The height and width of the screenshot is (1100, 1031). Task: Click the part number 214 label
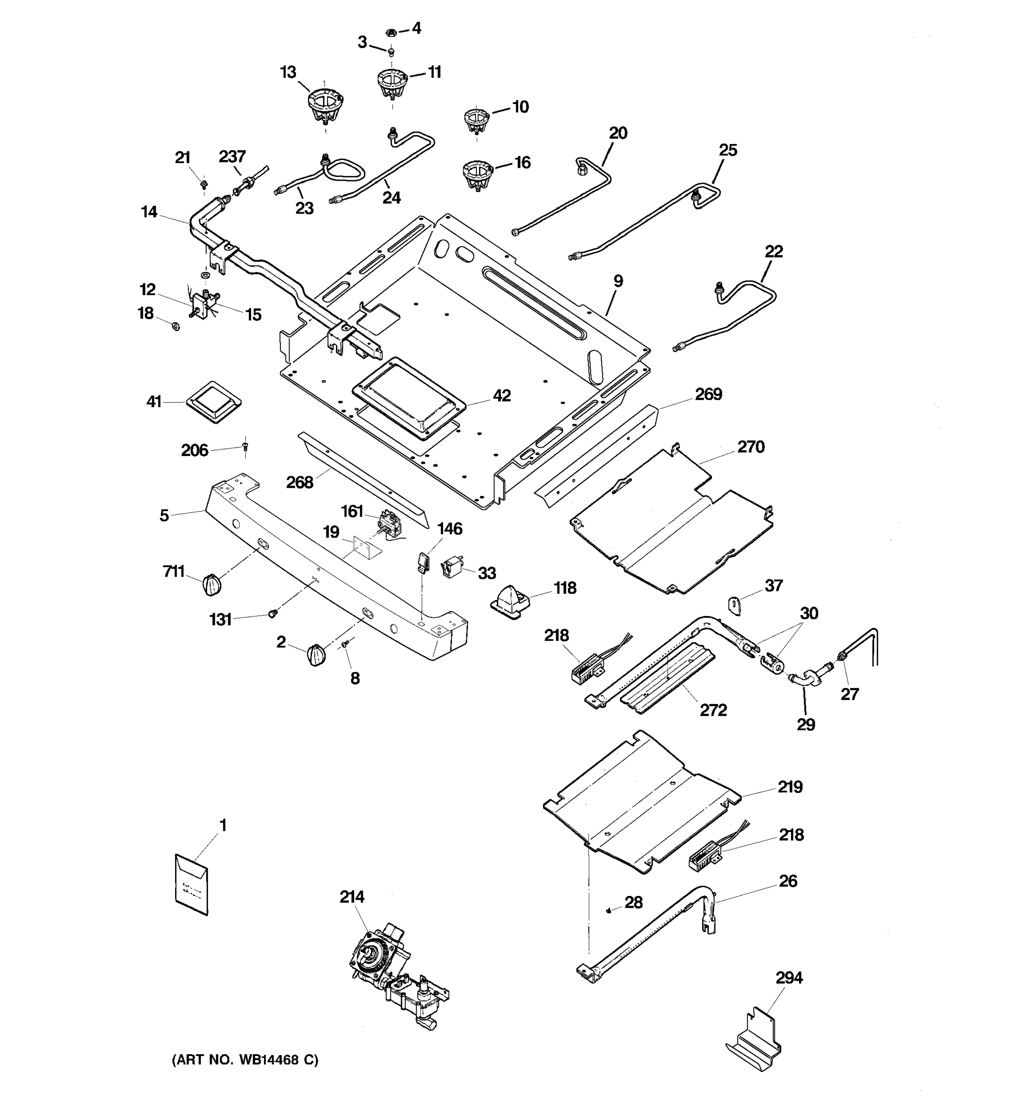click(x=352, y=896)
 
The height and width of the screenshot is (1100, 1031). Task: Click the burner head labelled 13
click(x=325, y=106)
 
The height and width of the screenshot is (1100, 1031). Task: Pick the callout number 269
click(x=708, y=394)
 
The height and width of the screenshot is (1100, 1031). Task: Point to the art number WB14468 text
click(x=245, y=1060)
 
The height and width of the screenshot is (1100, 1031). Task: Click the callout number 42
click(x=502, y=396)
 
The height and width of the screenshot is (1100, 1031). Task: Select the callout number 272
click(x=713, y=710)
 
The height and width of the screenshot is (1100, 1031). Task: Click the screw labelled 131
click(x=272, y=613)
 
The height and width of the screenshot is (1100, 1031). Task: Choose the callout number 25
click(x=728, y=150)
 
